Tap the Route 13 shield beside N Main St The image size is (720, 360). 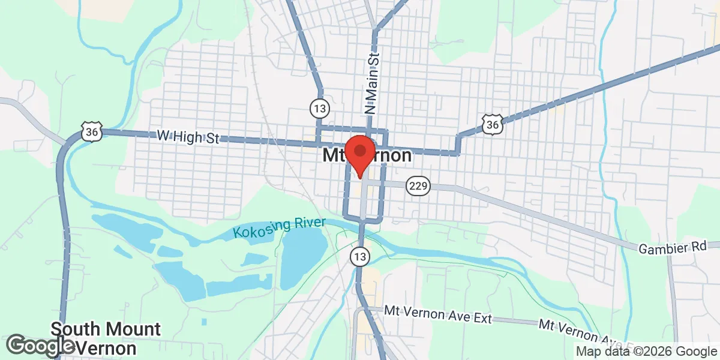click(x=320, y=109)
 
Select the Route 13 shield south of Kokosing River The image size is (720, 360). click(x=359, y=257)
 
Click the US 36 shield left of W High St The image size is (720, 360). click(x=91, y=131)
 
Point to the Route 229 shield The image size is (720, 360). click(x=418, y=186)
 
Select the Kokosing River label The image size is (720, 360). click(x=279, y=229)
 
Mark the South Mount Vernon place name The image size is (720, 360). click(x=106, y=338)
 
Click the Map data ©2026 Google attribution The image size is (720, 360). click(x=647, y=352)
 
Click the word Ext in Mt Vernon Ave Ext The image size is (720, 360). click(x=481, y=317)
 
